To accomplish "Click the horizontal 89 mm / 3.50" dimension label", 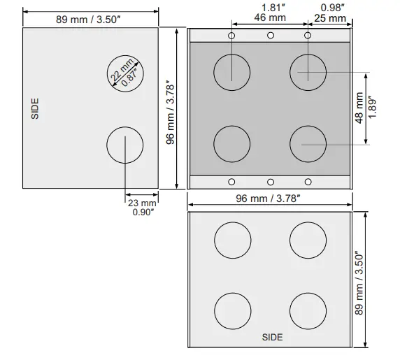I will click(90, 19).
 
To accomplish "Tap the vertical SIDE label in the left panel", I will click(36, 108).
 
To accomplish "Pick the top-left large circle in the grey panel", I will click(232, 72).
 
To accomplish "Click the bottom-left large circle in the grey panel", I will click(232, 143).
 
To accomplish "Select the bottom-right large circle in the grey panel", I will click(308, 143).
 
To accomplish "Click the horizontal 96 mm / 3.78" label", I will click(269, 199).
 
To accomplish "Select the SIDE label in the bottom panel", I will click(272, 338).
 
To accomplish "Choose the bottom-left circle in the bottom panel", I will click(232, 311).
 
